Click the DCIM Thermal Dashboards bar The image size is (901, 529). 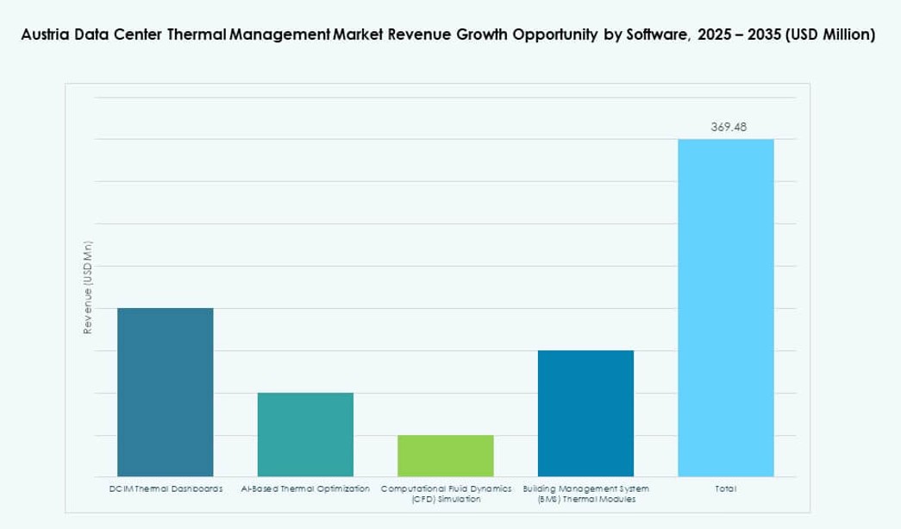point(166,392)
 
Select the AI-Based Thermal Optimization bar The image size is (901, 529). point(305,434)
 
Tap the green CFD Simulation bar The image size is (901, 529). point(446,455)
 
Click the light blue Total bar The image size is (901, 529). point(725,307)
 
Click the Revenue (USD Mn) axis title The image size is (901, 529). point(87,286)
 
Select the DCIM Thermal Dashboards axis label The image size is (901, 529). point(166,488)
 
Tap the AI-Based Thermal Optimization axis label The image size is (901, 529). point(305,488)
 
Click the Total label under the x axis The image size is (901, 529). point(725,488)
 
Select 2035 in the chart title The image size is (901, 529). point(760,35)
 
